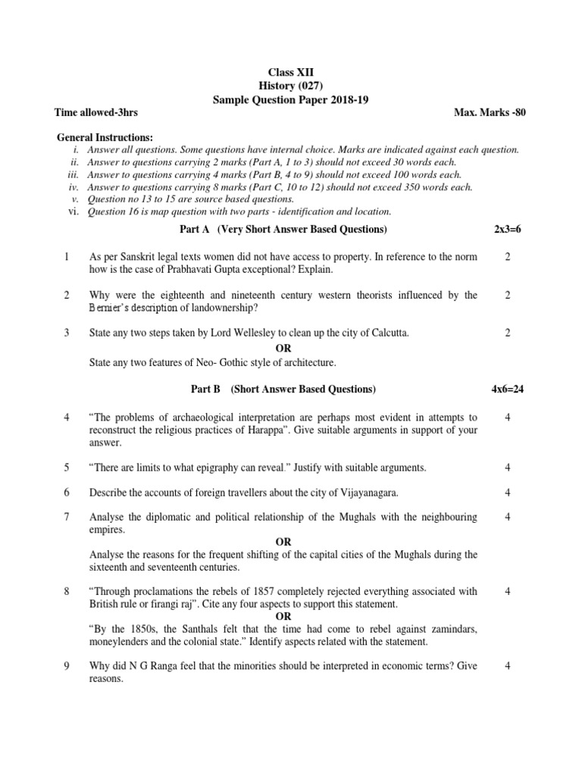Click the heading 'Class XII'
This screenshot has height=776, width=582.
(292, 72)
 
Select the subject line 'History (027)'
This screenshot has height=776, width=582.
(292, 86)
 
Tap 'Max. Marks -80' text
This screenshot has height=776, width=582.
(490, 113)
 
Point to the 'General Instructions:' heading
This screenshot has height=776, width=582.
(105, 137)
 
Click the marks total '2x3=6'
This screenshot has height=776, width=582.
(508, 230)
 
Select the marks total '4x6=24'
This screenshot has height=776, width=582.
(508, 390)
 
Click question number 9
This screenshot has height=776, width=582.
(67, 666)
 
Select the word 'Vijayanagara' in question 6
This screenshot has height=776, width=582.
(371, 493)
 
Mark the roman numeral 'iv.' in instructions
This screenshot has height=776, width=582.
(74, 187)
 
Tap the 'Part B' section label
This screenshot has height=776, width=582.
(205, 390)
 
